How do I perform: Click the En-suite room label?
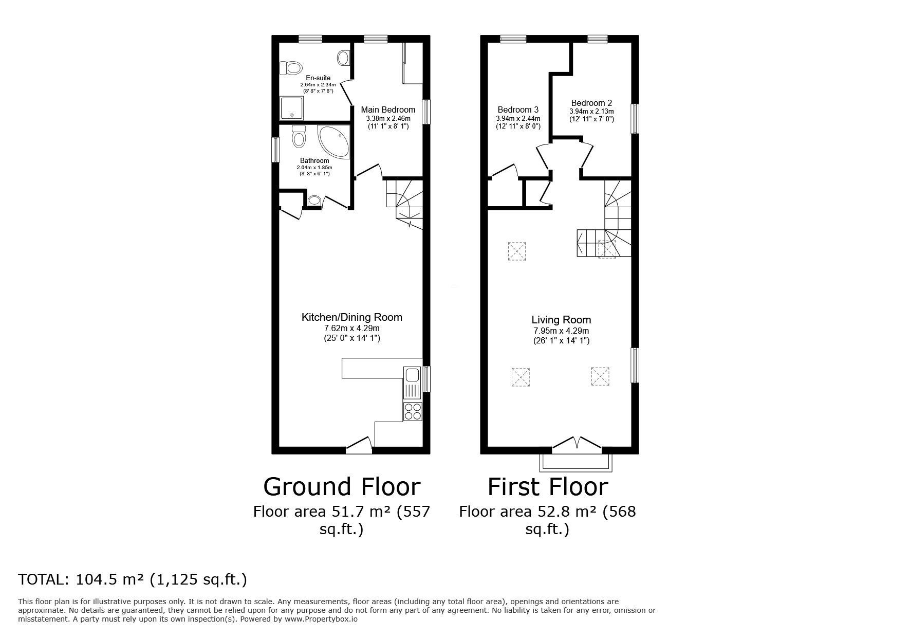pyautogui.click(x=318, y=78)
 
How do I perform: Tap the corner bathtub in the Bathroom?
pyautogui.click(x=335, y=141)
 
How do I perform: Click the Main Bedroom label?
pyautogui.click(x=388, y=110)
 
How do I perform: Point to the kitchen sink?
pyautogui.click(x=412, y=383)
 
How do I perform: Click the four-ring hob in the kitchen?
pyautogui.click(x=413, y=411)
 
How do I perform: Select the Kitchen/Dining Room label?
pyautogui.click(x=351, y=317)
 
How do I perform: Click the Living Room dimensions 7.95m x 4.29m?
pyautogui.click(x=561, y=331)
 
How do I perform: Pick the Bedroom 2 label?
pyautogui.click(x=591, y=103)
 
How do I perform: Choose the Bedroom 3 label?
pyautogui.click(x=518, y=110)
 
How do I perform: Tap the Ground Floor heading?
pyautogui.click(x=342, y=486)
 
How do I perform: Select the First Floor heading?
pyautogui.click(x=548, y=486)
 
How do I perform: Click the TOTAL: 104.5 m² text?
pyautogui.click(x=133, y=579)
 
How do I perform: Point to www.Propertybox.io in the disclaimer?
pyautogui.click(x=321, y=620)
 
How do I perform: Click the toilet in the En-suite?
pyautogui.click(x=291, y=67)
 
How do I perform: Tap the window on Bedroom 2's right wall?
pyautogui.click(x=635, y=119)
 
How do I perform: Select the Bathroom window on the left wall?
pyautogui.click(x=276, y=150)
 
